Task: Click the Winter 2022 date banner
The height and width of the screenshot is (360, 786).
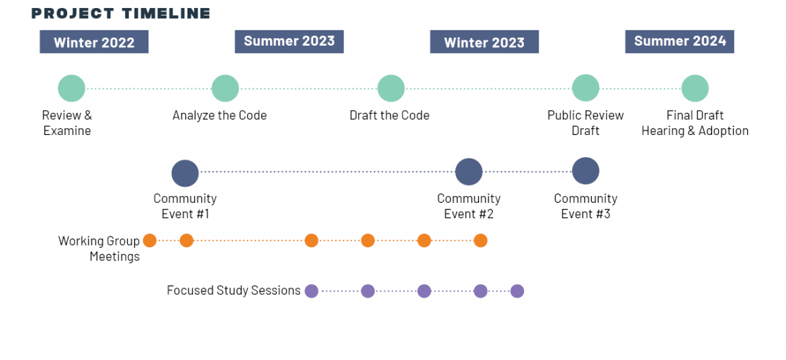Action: click(x=94, y=42)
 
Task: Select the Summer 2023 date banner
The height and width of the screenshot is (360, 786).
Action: click(x=290, y=42)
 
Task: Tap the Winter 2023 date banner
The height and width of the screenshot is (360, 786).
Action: click(x=484, y=42)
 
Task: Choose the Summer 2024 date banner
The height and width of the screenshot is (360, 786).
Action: click(x=680, y=42)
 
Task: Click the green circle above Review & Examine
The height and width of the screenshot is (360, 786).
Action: click(x=72, y=89)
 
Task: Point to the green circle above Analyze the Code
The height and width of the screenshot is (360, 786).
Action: click(x=225, y=89)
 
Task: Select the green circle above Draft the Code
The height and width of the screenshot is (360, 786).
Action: click(x=391, y=89)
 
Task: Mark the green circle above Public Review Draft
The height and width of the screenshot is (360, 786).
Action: click(x=586, y=89)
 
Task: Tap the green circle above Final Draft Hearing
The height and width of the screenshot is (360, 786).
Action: click(x=695, y=89)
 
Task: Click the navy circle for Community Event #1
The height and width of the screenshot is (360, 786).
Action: click(x=185, y=173)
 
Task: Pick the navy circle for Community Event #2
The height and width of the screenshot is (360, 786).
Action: click(x=469, y=172)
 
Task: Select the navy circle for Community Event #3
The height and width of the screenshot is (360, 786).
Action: click(x=586, y=171)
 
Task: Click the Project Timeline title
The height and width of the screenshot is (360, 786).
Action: click(x=121, y=13)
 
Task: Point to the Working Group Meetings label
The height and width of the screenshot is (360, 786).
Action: click(x=99, y=249)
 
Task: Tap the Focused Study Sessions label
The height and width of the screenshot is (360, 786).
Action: click(x=234, y=290)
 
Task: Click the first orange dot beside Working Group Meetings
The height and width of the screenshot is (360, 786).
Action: click(x=150, y=240)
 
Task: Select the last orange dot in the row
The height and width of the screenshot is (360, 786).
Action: click(x=481, y=240)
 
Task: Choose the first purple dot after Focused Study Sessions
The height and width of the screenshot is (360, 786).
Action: click(x=312, y=291)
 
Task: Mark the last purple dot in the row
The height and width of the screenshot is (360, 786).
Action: click(x=517, y=291)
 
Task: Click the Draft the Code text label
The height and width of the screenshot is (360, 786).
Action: click(x=390, y=116)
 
